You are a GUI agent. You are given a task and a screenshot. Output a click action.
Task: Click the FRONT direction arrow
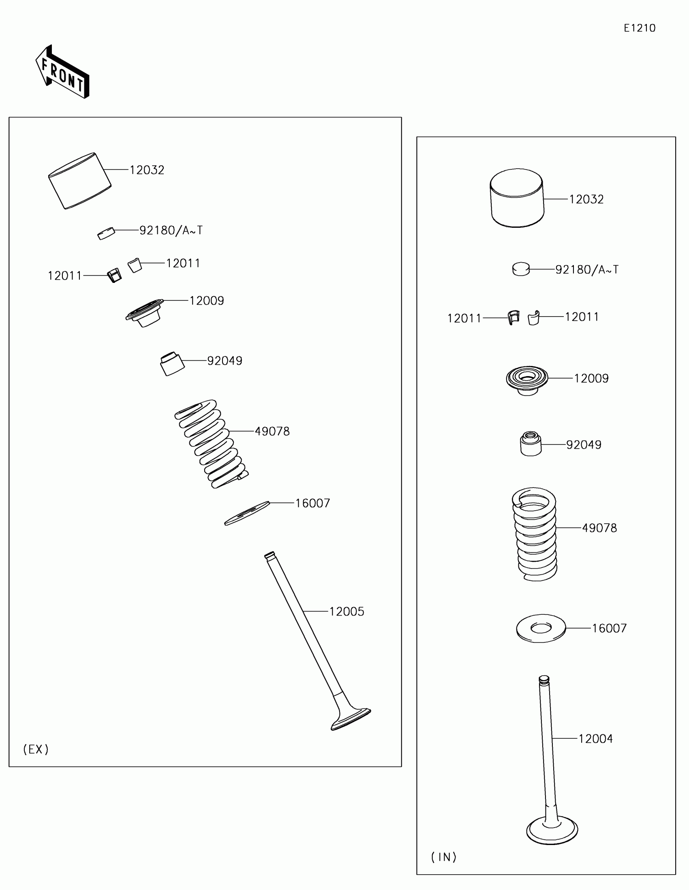[62, 73]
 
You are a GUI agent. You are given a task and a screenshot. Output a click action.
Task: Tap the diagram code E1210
[639, 28]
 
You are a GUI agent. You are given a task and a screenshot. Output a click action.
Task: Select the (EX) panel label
[36, 749]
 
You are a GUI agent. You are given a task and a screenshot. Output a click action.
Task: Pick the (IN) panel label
[444, 858]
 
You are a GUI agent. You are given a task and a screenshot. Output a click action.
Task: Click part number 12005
[347, 612]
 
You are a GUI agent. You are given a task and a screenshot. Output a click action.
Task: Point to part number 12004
[595, 739]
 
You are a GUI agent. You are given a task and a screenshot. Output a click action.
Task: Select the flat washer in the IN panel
[541, 628]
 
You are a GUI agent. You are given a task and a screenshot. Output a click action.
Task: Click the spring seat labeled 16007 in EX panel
[247, 513]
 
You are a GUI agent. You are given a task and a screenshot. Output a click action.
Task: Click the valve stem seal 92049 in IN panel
[531, 444]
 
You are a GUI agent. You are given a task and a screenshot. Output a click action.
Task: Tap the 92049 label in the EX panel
[225, 361]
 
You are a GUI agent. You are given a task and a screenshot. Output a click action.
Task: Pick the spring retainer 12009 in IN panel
[527, 379]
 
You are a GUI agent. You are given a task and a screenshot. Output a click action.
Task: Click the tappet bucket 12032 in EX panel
[80, 181]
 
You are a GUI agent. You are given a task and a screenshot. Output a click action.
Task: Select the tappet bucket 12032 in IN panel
[517, 198]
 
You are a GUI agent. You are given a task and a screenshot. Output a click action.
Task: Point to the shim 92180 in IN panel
[521, 270]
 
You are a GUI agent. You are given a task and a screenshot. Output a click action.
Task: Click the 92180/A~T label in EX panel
[171, 231]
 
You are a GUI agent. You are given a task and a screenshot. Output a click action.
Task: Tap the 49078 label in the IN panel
[599, 528]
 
